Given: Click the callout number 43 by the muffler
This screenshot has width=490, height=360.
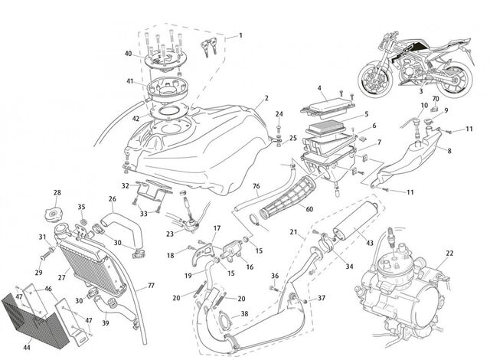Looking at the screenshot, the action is pos(370,243).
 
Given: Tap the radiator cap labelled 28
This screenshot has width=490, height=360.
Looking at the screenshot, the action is pos(54,215).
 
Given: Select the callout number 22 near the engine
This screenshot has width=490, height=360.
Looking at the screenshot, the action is pos(449,253).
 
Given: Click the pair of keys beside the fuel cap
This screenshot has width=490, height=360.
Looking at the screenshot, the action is pos(209,47).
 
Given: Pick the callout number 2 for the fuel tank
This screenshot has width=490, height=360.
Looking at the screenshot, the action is pos(266,98).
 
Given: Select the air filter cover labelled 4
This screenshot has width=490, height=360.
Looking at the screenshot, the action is pos(328,106).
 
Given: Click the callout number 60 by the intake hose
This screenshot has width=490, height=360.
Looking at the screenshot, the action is pos(309,209).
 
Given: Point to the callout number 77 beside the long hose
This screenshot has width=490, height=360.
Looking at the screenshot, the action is pos(151,286).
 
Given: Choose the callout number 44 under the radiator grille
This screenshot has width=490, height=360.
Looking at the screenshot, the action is pos(27,347).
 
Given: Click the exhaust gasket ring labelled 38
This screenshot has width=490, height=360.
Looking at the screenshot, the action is pos(224,319).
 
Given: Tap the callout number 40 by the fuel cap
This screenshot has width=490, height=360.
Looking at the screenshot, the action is pos(128,54).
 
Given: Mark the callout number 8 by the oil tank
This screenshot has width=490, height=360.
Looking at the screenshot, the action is pos(449,151).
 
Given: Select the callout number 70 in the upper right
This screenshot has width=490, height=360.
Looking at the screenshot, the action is pos(436,99).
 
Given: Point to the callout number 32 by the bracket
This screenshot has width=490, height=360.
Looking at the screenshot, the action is pos(126,186).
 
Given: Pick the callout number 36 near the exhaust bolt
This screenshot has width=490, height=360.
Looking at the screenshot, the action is pos(275,276).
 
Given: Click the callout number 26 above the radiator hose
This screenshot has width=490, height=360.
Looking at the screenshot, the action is pos(113,198).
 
